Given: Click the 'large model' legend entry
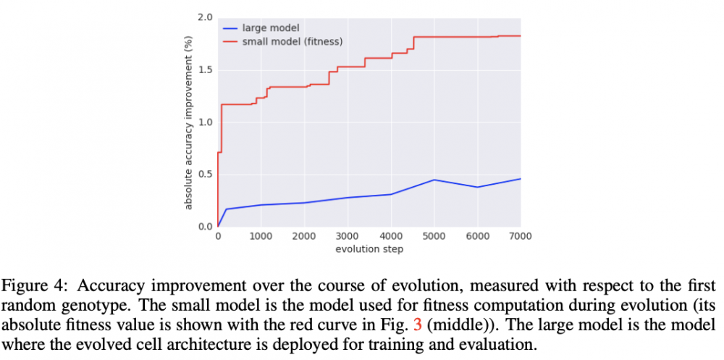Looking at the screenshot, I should (x=270, y=28).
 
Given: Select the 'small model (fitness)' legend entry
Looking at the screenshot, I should (x=292, y=41).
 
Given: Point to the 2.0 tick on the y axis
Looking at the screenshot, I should (x=206, y=17).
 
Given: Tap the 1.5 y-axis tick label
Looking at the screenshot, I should (x=206, y=70).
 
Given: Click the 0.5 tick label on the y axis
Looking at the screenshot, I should (x=206, y=175).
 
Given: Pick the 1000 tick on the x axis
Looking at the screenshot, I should (x=261, y=237).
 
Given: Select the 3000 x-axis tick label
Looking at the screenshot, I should (x=348, y=237).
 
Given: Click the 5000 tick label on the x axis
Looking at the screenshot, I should (x=434, y=237).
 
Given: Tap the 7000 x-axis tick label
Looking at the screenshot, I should (x=521, y=237).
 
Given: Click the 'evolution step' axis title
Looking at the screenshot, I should (x=369, y=249).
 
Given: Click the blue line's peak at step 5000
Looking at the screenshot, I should (x=434, y=180).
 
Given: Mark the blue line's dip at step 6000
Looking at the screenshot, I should (x=478, y=187).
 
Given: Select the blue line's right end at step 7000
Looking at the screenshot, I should (x=521, y=179).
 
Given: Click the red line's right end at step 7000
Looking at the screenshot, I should (x=521, y=35).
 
